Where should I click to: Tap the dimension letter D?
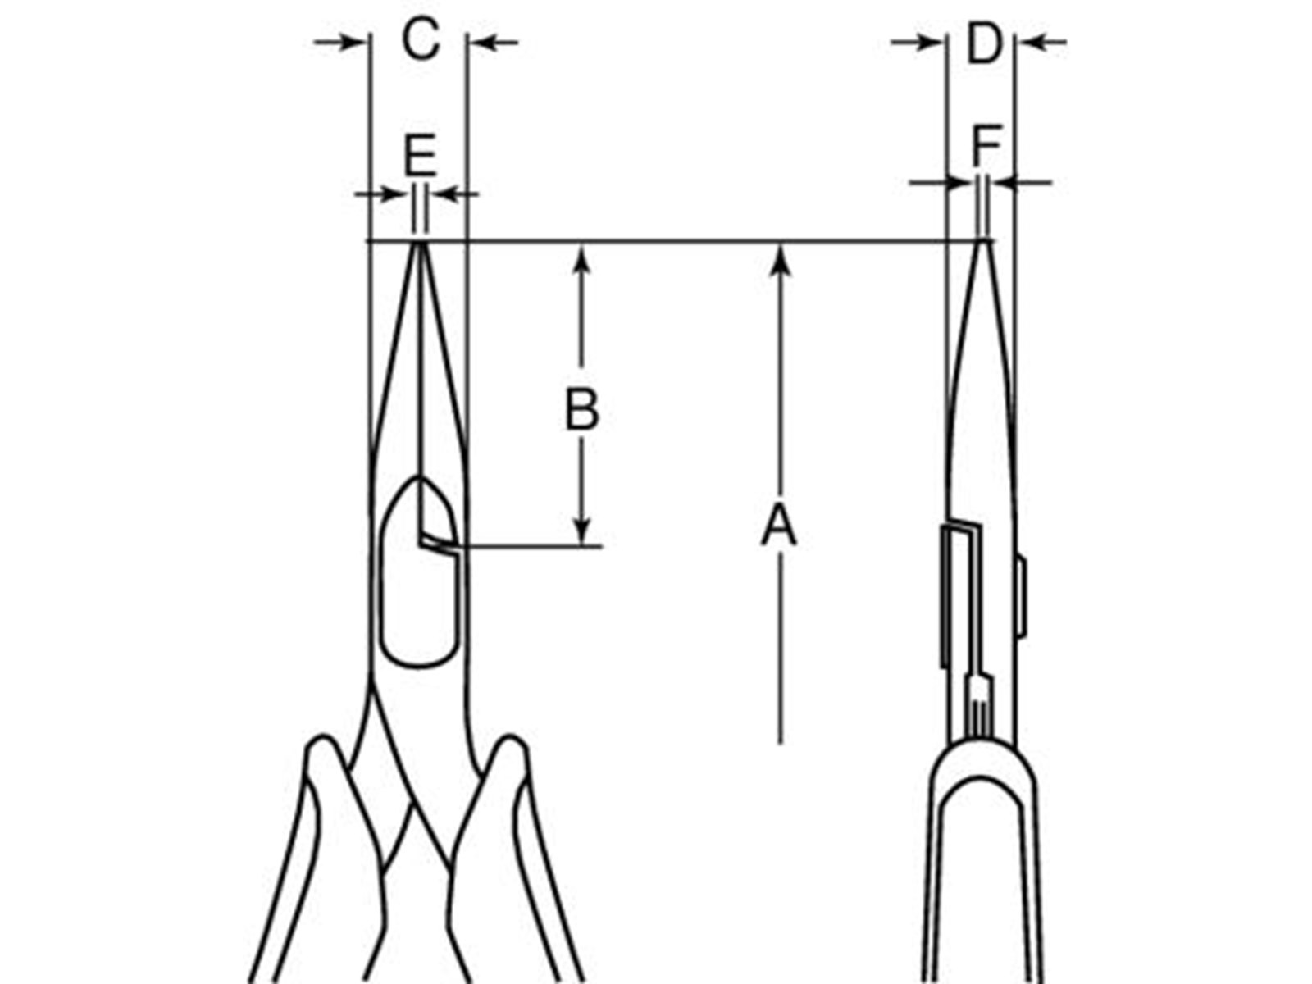(983, 43)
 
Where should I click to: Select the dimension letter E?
(420, 155)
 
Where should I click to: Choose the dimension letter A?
(778, 525)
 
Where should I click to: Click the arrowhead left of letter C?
(352, 42)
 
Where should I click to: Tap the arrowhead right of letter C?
(481, 42)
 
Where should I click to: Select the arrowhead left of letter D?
(932, 42)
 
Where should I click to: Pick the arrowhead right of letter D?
(1030, 42)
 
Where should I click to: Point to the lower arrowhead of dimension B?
(581, 530)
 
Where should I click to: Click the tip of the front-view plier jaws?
(420, 243)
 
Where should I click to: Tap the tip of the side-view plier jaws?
(982, 242)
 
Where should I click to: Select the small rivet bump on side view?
(1021, 597)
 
